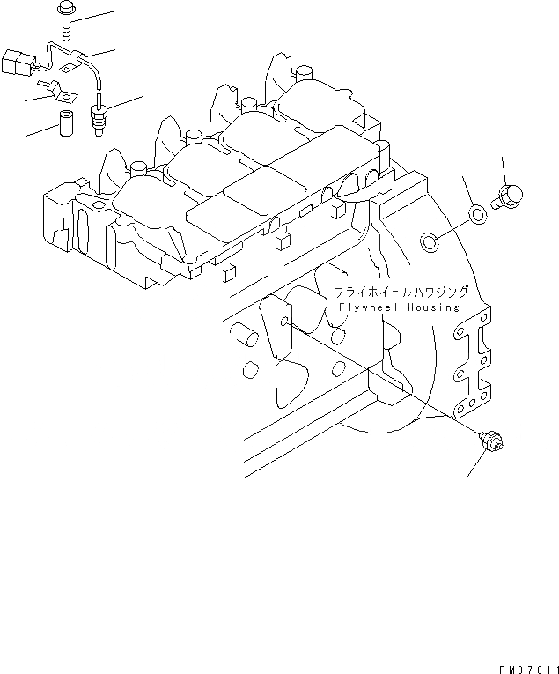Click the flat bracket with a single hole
pos(50,88)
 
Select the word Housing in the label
pos(433,307)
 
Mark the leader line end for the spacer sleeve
pos(26,135)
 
